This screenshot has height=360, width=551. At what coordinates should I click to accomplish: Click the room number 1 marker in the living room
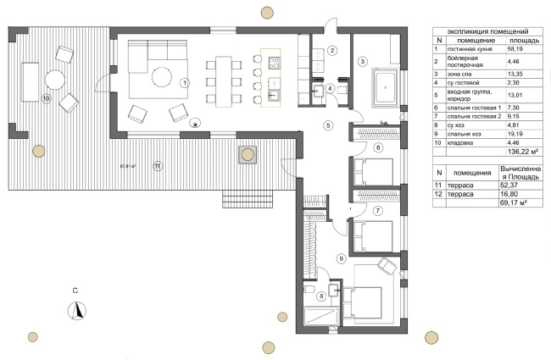click(x=184, y=82)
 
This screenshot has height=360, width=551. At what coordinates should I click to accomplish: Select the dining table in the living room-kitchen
click(x=225, y=81)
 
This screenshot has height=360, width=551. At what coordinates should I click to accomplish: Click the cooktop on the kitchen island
click(x=273, y=62)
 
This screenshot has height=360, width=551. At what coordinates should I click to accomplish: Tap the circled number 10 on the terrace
click(x=46, y=99)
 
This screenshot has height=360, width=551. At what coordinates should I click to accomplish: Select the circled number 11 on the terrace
click(x=157, y=166)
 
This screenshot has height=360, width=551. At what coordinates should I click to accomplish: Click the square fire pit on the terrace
click(x=248, y=153)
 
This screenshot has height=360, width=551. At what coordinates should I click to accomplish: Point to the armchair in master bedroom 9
click(x=386, y=265)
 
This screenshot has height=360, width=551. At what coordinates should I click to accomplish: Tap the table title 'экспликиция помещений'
click(x=487, y=30)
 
